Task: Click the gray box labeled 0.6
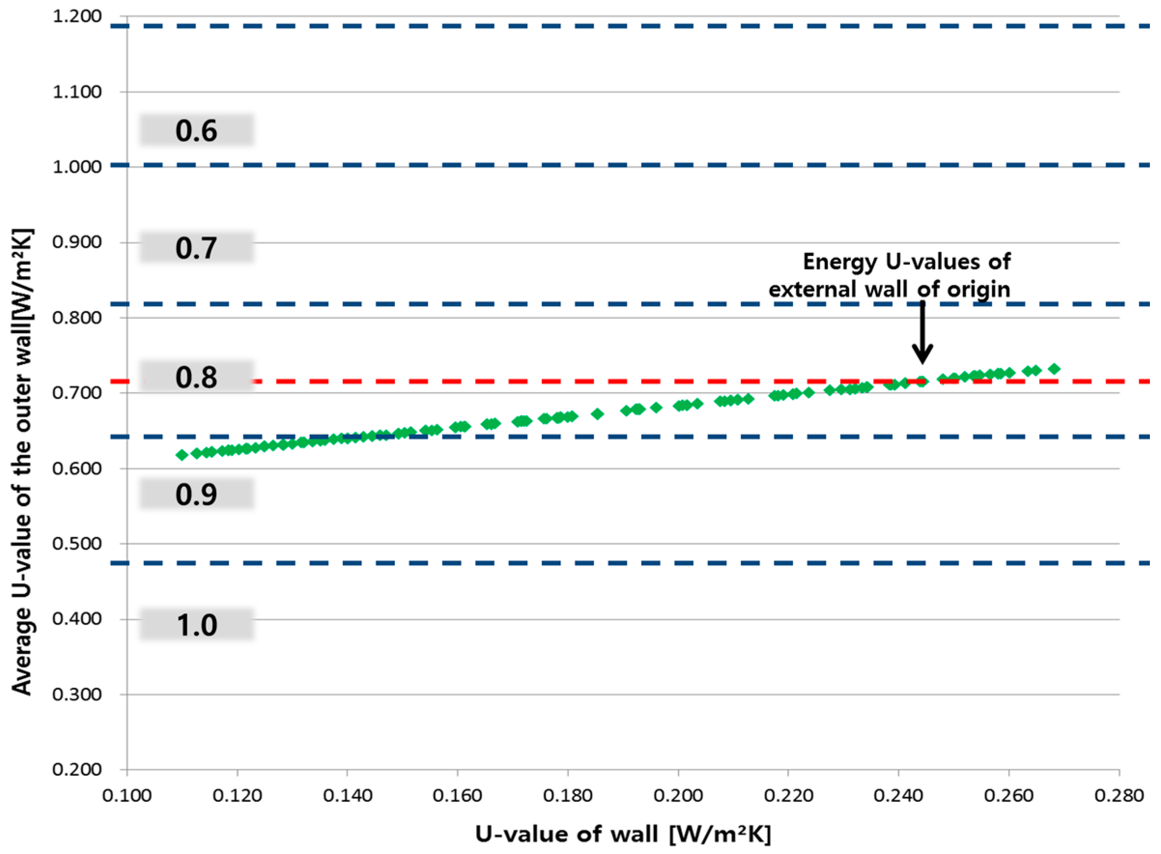click(x=196, y=130)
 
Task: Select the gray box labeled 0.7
click(x=196, y=248)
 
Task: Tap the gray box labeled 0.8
click(x=196, y=376)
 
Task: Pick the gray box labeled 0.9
click(x=196, y=494)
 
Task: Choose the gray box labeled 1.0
click(x=196, y=624)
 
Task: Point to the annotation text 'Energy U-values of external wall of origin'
click(x=889, y=275)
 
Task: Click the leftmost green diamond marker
click(x=182, y=455)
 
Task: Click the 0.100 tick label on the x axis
click(x=127, y=795)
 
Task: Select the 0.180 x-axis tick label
click(x=567, y=795)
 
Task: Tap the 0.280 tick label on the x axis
click(x=1119, y=795)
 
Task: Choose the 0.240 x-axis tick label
click(x=898, y=795)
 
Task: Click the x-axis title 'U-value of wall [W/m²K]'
click(x=623, y=834)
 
